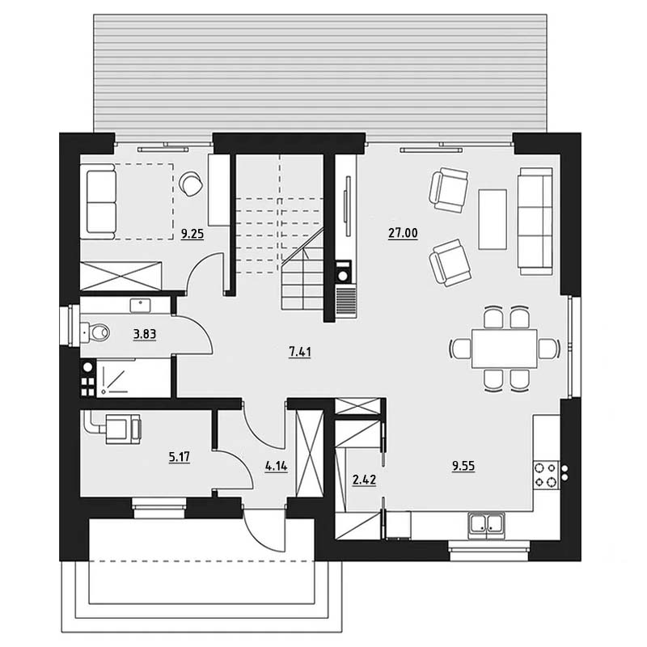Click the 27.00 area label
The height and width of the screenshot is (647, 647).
click(403, 234)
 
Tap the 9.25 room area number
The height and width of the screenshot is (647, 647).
click(192, 235)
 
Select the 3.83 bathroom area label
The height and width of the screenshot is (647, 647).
click(145, 334)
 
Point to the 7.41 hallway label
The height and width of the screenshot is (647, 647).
click(300, 352)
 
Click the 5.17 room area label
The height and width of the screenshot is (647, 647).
click(179, 457)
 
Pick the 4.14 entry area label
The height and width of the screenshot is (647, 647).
click(276, 467)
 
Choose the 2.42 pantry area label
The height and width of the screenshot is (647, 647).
click(364, 480)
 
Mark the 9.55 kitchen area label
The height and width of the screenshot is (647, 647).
click(463, 466)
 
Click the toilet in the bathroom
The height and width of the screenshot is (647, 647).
click(95, 332)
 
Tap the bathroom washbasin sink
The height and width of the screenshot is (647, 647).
click(140, 306)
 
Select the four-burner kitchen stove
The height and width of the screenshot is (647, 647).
click(546, 475)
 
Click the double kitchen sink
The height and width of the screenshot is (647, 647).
click(487, 525)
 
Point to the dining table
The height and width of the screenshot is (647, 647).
click(504, 349)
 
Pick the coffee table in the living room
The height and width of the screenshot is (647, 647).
click(493, 219)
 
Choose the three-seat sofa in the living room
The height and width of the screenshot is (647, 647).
click(535, 221)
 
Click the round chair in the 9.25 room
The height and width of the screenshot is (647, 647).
click(191, 184)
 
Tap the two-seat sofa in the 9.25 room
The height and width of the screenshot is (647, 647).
click(98, 201)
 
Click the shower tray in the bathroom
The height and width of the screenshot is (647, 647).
click(133, 378)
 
